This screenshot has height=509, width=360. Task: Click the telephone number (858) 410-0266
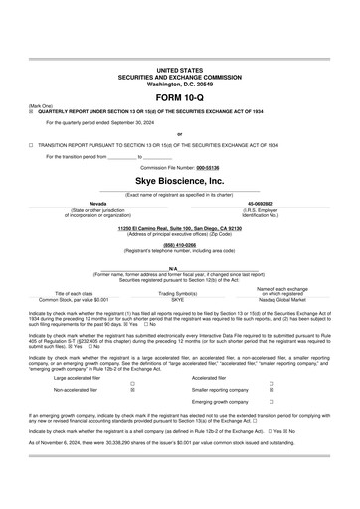[179, 242]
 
